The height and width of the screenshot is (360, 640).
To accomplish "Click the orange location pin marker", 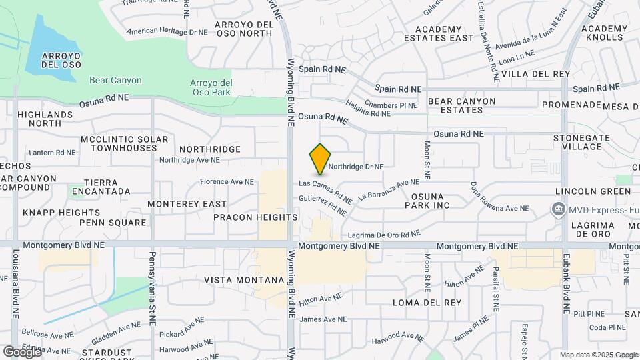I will click(321, 159).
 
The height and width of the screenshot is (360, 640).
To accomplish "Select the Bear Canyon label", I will click(115, 80).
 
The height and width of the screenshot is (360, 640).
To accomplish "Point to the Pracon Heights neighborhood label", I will click(255, 217).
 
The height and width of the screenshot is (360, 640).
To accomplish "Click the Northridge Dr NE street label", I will click(355, 167).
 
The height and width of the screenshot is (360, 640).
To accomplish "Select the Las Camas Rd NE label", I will click(325, 190).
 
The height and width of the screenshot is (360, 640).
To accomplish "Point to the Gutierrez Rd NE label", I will click(323, 205).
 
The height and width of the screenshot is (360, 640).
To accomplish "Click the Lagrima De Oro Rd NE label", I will click(384, 235).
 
